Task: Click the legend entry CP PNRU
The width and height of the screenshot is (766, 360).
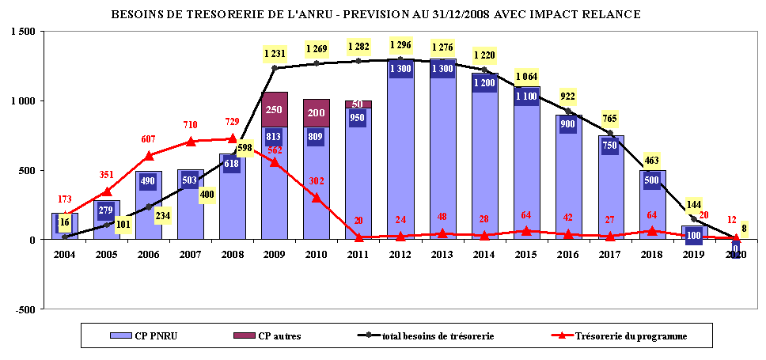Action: (x=146, y=336)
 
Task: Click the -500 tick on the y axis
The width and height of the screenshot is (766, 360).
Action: (x=25, y=309)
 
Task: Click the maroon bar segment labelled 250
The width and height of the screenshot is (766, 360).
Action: (x=274, y=109)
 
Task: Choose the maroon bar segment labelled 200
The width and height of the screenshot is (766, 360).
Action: (x=316, y=113)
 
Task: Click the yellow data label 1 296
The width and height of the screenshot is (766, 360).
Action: (x=400, y=45)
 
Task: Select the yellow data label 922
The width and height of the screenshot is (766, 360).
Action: (x=568, y=97)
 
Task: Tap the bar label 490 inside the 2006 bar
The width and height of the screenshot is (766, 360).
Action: (x=148, y=180)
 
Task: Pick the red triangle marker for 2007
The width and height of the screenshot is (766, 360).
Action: (x=190, y=142)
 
